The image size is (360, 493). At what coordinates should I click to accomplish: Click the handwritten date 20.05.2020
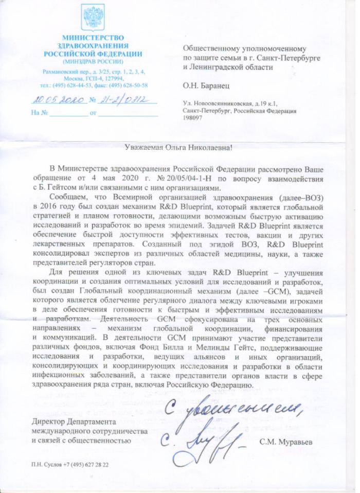[x=55, y=100]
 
